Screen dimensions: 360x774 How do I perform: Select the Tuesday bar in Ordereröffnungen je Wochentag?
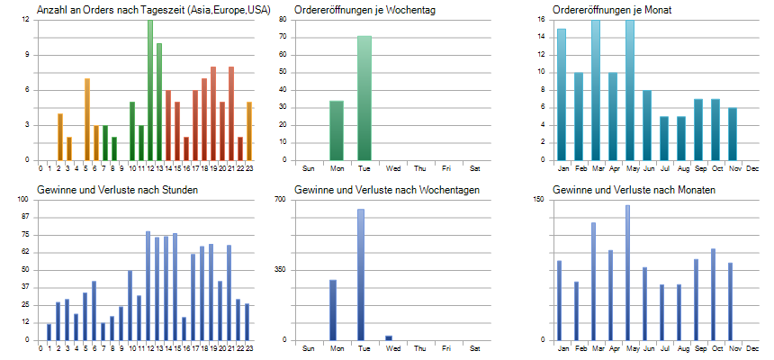[364, 99]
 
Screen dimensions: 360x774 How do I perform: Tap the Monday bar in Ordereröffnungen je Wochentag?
[337, 131]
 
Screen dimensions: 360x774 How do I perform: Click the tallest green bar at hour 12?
[150, 90]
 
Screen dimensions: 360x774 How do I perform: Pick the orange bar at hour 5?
[87, 120]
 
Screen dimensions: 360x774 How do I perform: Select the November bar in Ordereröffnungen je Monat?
[733, 135]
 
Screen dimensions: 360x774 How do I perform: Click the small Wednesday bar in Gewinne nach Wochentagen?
[389, 338]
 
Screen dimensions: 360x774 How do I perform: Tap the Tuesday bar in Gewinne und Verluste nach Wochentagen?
[361, 274]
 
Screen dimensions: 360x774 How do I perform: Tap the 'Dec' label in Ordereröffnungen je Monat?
[752, 168]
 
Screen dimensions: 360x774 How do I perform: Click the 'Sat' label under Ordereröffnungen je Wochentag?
[474, 168]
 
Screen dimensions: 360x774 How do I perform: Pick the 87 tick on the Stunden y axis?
[26, 217]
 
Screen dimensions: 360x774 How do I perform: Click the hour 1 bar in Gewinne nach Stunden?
[49, 332]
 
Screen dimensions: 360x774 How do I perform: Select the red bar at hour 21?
[231, 113]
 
